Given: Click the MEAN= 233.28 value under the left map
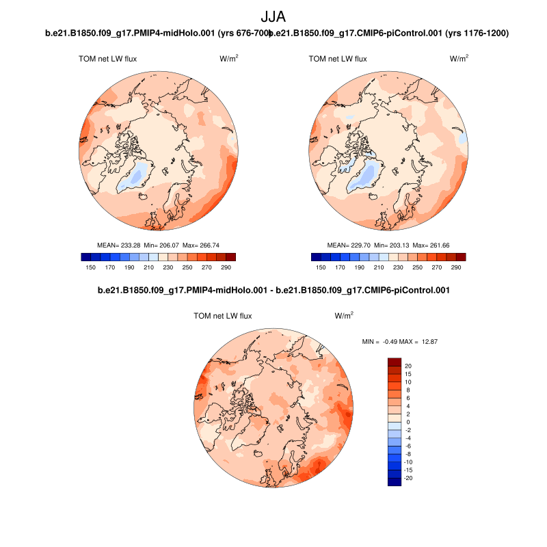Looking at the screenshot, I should tap(120, 245).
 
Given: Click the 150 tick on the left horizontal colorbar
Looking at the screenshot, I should tap(90, 269).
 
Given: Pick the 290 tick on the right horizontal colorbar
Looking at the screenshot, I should tap(456, 269).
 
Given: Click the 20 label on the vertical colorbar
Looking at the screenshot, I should tap(408, 366).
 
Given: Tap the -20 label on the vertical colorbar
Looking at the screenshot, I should tap(409, 478).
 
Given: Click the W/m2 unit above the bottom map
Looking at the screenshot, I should tap(344, 316).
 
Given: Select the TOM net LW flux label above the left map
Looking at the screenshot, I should tap(108, 59).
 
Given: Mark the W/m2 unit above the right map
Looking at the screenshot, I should tap(459, 59).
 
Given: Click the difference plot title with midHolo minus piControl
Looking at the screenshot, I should tap(273, 291).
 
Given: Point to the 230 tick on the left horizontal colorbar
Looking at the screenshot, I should tap(168, 269).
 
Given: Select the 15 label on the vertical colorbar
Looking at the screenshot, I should tap(408, 374).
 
